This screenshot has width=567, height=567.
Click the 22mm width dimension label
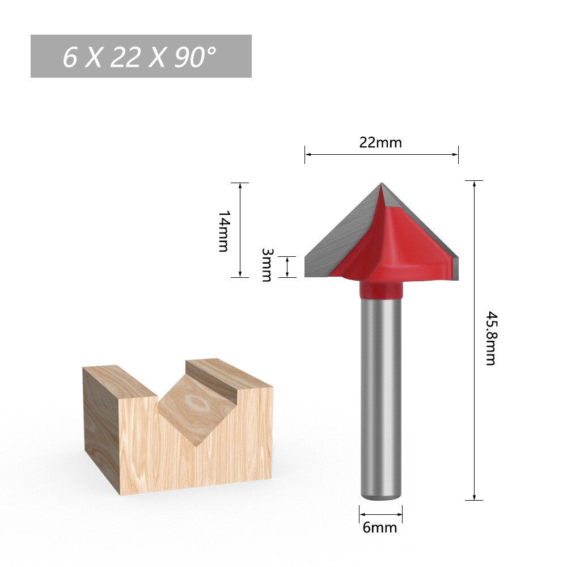pyautogui.click(x=380, y=142)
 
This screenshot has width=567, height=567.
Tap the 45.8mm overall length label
pyautogui.click(x=490, y=338)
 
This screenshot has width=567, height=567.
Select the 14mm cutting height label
pyautogui.click(x=223, y=231)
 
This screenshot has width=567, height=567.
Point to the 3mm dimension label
pyautogui.click(x=266, y=265)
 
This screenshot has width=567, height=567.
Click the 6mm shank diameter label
pyautogui.click(x=380, y=528)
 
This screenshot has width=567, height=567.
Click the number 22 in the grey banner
pyautogui.click(x=125, y=57)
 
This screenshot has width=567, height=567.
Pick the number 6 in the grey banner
pyautogui.click(x=69, y=57)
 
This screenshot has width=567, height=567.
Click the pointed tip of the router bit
pyautogui.click(x=381, y=183)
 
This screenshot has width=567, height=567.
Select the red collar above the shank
pyautogui.click(x=381, y=290)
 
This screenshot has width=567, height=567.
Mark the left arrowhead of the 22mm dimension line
pyautogui.click(x=307, y=154)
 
